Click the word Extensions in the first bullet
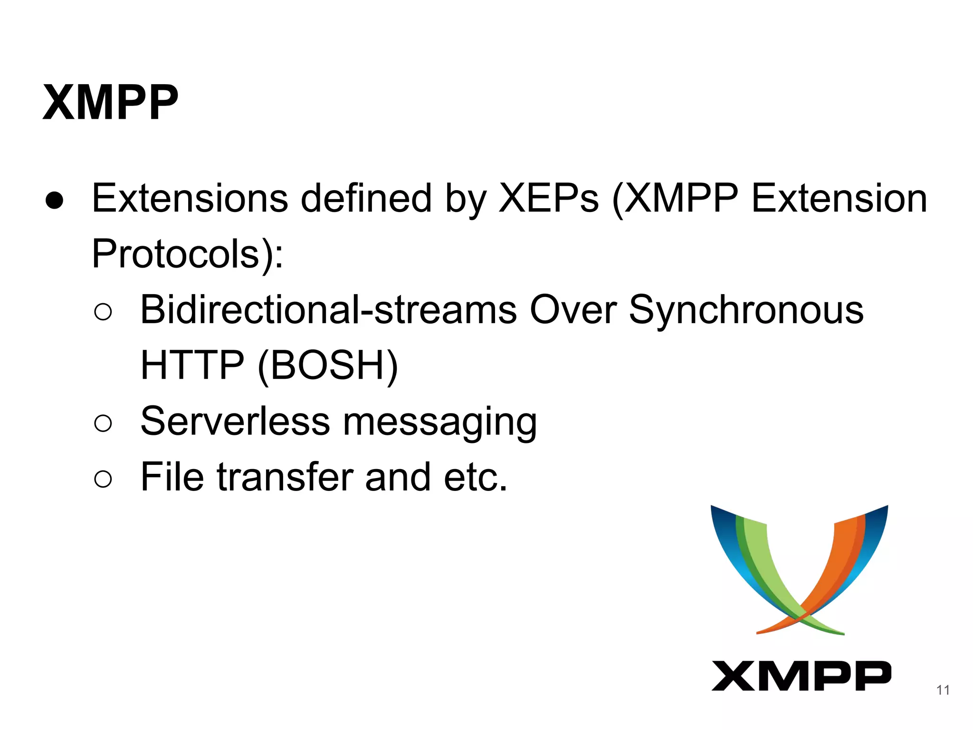coord(190,198)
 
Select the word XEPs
coord(548,198)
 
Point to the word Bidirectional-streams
coord(328,310)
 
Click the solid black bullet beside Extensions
coord(55,201)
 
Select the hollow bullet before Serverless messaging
coord(103,423)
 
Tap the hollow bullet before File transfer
coord(103,479)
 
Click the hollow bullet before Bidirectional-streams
coord(103,312)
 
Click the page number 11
coord(943,690)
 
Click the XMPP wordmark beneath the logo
coord(801,675)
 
